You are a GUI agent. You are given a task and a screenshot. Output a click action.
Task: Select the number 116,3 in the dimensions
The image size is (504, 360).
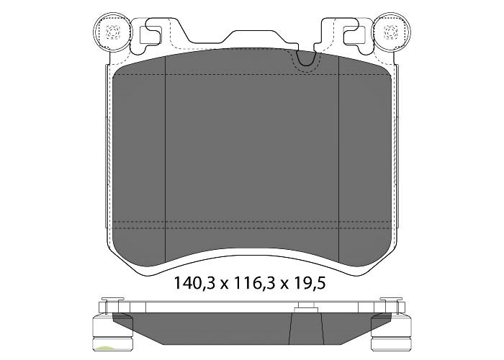pos(251,283)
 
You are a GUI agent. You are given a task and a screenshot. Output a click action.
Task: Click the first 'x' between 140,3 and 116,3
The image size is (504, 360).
pos(223,284)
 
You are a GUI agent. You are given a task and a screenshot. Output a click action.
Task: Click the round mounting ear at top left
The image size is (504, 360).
pos(112,32)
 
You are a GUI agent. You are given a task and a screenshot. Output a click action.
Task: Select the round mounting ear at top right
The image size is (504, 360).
pos(392,32)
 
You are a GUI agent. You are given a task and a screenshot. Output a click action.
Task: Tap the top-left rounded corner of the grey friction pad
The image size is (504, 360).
pos(121,66)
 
